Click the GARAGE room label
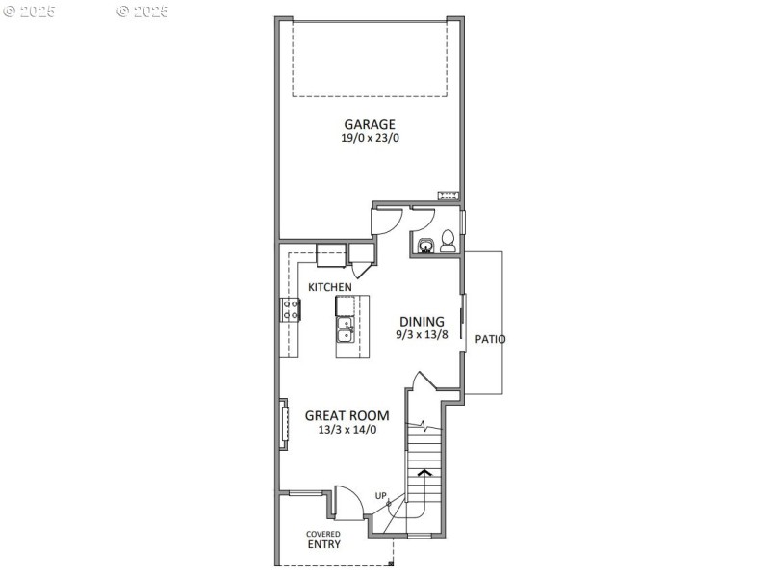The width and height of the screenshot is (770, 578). [x=370, y=124]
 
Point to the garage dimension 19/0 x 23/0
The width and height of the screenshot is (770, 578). [x=370, y=139]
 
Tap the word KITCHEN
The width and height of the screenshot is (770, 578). [x=329, y=287]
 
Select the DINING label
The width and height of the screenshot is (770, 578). [x=423, y=322]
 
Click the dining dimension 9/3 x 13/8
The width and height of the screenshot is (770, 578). [x=423, y=335]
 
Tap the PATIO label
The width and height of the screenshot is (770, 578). [x=491, y=339]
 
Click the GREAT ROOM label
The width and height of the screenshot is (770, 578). [x=347, y=416]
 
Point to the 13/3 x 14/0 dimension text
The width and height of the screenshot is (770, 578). [x=347, y=430]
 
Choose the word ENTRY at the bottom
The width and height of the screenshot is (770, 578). [x=323, y=544]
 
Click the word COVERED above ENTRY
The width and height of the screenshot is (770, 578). [x=323, y=534]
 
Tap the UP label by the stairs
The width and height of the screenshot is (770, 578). [x=381, y=496]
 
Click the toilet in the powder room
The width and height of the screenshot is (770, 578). [x=449, y=242]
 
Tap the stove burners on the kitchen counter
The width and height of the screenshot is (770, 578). [x=290, y=309]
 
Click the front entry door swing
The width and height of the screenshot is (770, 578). [x=347, y=501]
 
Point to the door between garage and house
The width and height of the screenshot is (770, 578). [x=386, y=220]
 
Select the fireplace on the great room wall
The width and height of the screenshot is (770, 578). [x=284, y=423]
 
